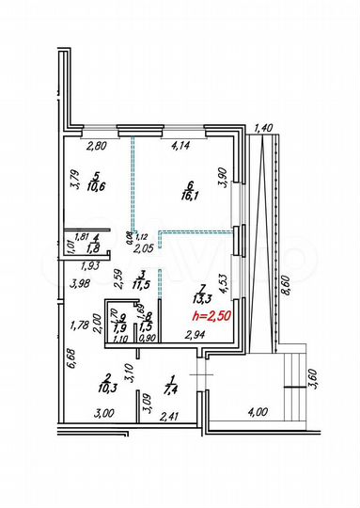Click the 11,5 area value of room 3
[x=139, y=283]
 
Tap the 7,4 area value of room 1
[x=169, y=388]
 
